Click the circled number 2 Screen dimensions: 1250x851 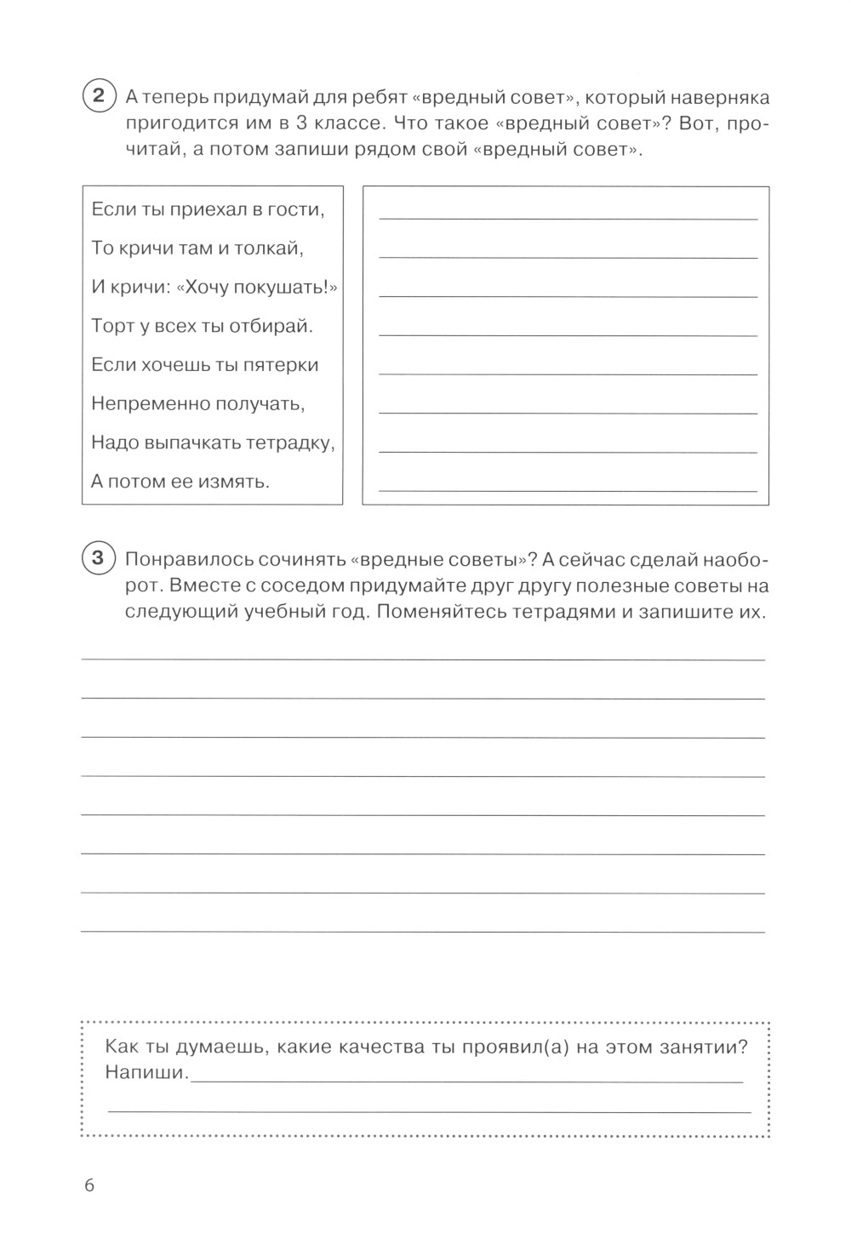point(97,94)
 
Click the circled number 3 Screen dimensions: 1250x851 point(97,557)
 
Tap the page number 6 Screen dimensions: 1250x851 point(89,1185)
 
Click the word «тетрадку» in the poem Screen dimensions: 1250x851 point(290,443)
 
